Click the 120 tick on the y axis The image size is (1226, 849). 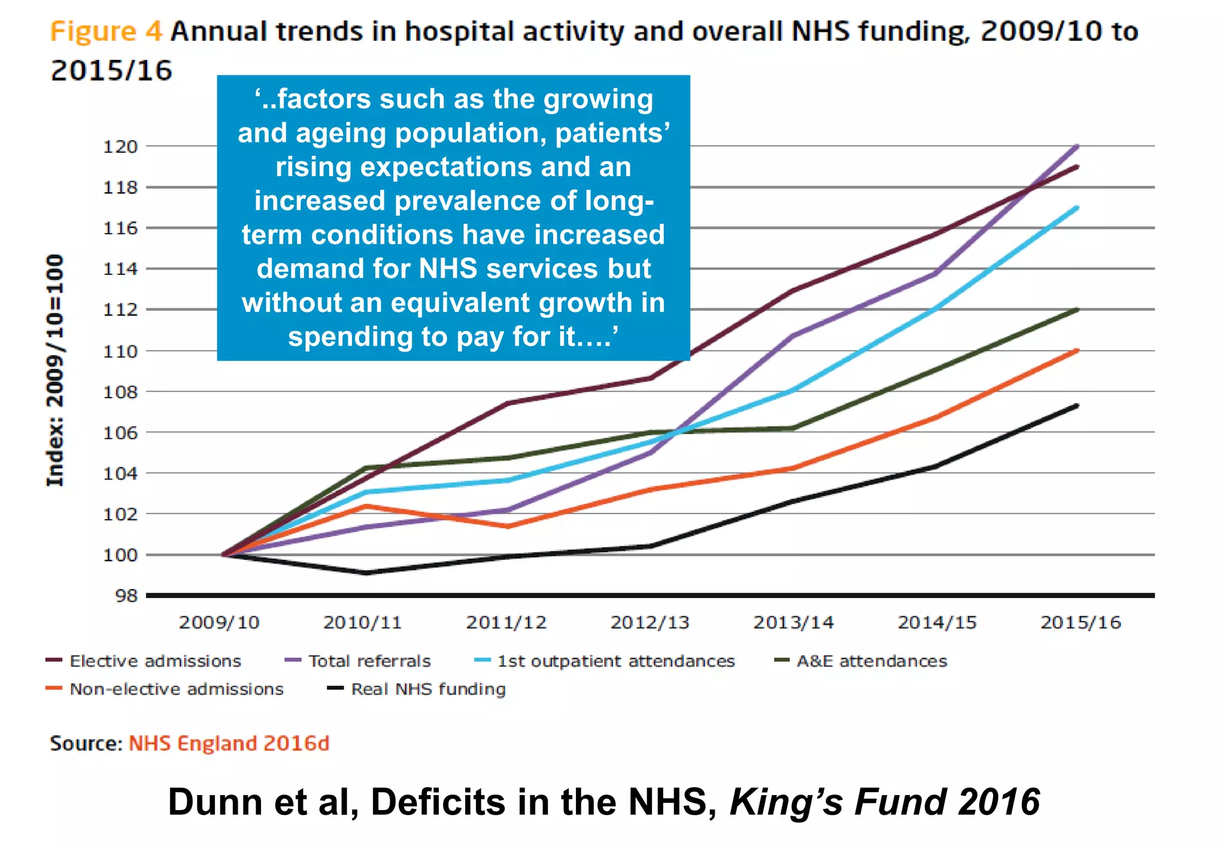pyautogui.click(x=120, y=147)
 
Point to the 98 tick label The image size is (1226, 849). pyautogui.click(x=126, y=596)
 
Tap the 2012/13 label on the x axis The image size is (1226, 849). pyautogui.click(x=650, y=623)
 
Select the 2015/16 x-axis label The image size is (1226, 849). pyautogui.click(x=1080, y=623)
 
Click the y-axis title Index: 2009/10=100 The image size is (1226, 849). pyautogui.click(x=55, y=370)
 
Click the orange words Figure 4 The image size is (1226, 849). pyautogui.click(x=106, y=31)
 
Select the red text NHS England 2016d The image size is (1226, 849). pyautogui.click(x=229, y=744)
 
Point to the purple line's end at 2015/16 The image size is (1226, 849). pyautogui.click(x=1077, y=147)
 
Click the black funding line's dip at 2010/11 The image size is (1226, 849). pyautogui.click(x=365, y=573)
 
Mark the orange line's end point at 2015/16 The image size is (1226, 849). pyautogui.click(x=1077, y=351)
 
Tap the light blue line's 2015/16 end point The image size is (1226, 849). pyautogui.click(x=1077, y=208)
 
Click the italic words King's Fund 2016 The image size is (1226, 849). pyautogui.click(x=884, y=802)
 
